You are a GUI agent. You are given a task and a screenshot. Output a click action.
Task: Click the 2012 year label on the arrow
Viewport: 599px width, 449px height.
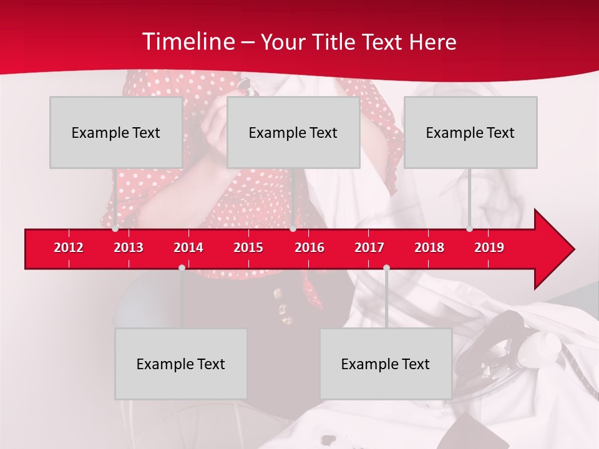pos(69,248)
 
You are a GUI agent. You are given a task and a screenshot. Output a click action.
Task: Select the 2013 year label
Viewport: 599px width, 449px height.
pos(129,248)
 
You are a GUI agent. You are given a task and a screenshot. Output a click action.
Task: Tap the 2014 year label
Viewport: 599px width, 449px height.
pos(188,248)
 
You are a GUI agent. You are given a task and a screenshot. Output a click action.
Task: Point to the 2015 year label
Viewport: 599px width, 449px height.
pos(248,248)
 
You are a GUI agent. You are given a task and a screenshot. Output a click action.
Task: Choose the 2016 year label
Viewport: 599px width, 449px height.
pos(309,248)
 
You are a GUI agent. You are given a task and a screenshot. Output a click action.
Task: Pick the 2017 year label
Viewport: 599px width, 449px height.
pos(369,248)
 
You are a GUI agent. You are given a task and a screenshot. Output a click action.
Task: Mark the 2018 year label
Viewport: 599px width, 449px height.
pos(429,248)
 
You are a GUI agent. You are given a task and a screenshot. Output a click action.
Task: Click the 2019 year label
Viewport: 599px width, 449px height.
pos(489,248)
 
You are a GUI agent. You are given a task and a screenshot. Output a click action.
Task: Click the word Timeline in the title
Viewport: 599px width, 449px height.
pos(187,42)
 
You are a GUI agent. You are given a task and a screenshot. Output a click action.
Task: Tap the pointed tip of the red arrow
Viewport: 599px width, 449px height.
pos(573,249)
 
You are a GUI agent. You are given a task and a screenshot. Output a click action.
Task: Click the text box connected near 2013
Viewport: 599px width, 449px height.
pos(116,132)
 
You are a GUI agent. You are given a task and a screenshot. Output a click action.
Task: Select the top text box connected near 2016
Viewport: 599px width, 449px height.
pos(293,132)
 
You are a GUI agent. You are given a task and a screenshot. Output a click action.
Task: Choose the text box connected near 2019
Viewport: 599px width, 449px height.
pos(470,132)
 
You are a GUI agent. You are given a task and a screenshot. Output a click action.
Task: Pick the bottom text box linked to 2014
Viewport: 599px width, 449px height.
pos(181,364)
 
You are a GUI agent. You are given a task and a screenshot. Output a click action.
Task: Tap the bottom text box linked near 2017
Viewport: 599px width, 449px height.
pos(386,364)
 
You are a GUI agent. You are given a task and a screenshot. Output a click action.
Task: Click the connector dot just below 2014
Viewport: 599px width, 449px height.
pos(182,268)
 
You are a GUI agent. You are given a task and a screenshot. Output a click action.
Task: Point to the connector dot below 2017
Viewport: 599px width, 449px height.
pos(386,268)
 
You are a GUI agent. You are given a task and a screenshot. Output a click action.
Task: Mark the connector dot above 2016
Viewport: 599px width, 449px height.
pos(293,229)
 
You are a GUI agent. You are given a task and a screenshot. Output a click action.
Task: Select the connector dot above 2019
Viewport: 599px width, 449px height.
pos(469,229)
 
